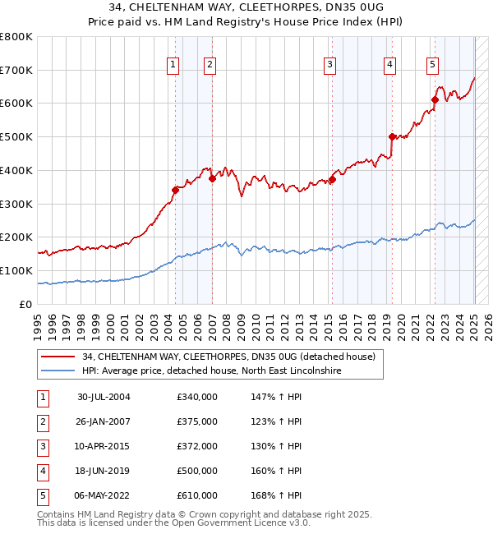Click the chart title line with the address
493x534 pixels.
coord(246,8)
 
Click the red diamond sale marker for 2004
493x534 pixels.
coord(175,190)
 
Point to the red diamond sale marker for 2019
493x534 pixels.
coord(392,136)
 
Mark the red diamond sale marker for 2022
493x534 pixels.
coord(435,99)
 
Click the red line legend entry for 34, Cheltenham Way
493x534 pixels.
coord(228,357)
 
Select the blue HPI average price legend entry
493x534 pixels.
coord(211,371)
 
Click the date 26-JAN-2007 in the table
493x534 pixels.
coord(104,421)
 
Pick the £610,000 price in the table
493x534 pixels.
coord(197,495)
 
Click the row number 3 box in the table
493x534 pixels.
coord(42,446)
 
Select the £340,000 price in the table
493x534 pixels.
coord(197,397)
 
